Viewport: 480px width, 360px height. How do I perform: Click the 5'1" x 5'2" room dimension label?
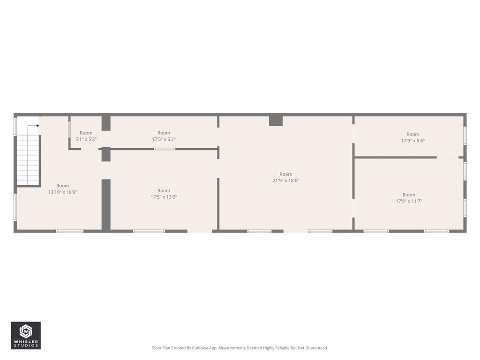pos(86,139)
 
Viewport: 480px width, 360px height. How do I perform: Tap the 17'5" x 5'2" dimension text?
pos(164,139)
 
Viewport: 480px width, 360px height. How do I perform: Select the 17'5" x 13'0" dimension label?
pos(164,197)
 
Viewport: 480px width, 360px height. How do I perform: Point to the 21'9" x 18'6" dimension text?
pos(286,180)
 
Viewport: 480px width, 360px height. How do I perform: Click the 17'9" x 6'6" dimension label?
pos(413,141)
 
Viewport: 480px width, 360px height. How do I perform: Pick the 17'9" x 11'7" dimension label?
pos(409,201)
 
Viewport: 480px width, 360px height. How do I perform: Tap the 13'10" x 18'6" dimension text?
pos(62,192)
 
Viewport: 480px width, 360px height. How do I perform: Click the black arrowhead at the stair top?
pos(37,126)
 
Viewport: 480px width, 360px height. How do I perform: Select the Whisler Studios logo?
pos(26,336)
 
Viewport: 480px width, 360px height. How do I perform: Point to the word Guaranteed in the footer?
pos(317,348)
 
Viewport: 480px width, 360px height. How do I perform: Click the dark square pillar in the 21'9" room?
pos(276,121)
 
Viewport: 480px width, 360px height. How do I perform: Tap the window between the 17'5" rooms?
pos(165,149)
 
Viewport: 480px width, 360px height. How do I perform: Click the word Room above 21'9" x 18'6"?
pos(286,174)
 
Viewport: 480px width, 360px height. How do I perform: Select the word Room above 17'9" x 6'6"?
pos(413,134)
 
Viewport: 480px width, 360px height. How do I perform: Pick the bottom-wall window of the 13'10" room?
pos(70,231)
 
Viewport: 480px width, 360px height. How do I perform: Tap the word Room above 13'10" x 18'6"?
pos(62,186)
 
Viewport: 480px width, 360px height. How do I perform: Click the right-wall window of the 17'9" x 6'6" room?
pos(465,135)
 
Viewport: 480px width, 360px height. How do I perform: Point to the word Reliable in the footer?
pos(280,348)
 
